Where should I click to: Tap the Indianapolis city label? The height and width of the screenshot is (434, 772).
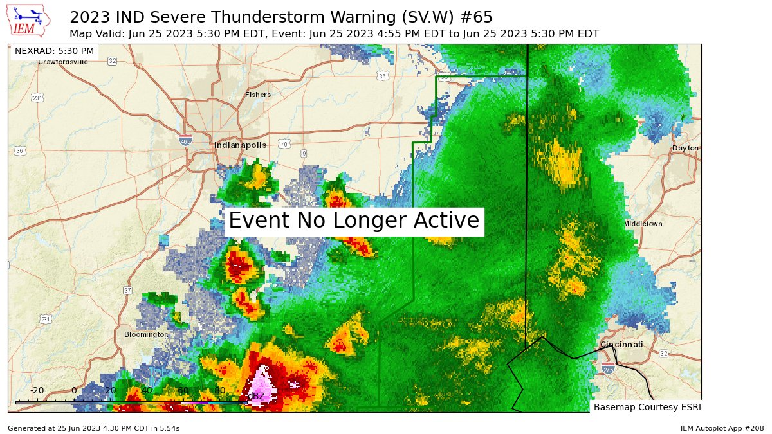pyautogui.click(x=240, y=145)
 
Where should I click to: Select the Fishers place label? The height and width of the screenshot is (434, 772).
pyautogui.click(x=258, y=95)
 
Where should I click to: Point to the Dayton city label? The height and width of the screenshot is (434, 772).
pyautogui.click(x=685, y=148)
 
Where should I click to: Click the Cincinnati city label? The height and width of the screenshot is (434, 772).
pyautogui.click(x=621, y=345)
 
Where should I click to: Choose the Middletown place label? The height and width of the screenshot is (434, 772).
pyautogui.click(x=643, y=224)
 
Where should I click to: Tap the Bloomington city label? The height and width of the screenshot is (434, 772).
pyautogui.click(x=146, y=334)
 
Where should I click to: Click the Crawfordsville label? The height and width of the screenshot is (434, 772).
pyautogui.click(x=63, y=62)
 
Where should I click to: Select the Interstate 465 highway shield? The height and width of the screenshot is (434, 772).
pyautogui.click(x=185, y=140)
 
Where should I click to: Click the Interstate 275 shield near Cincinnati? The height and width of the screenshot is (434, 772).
pyautogui.click(x=608, y=368)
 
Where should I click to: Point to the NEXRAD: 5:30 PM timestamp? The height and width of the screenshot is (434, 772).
pyautogui.click(x=54, y=51)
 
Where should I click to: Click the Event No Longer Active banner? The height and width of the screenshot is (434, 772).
pyautogui.click(x=354, y=221)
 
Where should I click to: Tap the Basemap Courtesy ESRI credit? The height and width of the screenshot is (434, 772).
pyautogui.click(x=647, y=407)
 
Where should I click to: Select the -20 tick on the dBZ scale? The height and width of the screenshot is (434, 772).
pyautogui.click(x=37, y=390)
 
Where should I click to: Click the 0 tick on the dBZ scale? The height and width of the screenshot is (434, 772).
pyautogui.click(x=74, y=390)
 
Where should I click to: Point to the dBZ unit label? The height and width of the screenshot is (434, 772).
pyautogui.click(x=256, y=396)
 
